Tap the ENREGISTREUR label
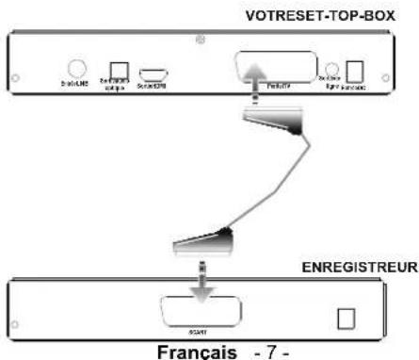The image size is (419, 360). tap(360, 267)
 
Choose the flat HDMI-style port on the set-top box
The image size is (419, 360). tap(154, 74)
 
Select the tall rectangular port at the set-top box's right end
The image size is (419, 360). tap(356, 72)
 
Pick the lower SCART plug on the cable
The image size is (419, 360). tap(201, 244)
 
